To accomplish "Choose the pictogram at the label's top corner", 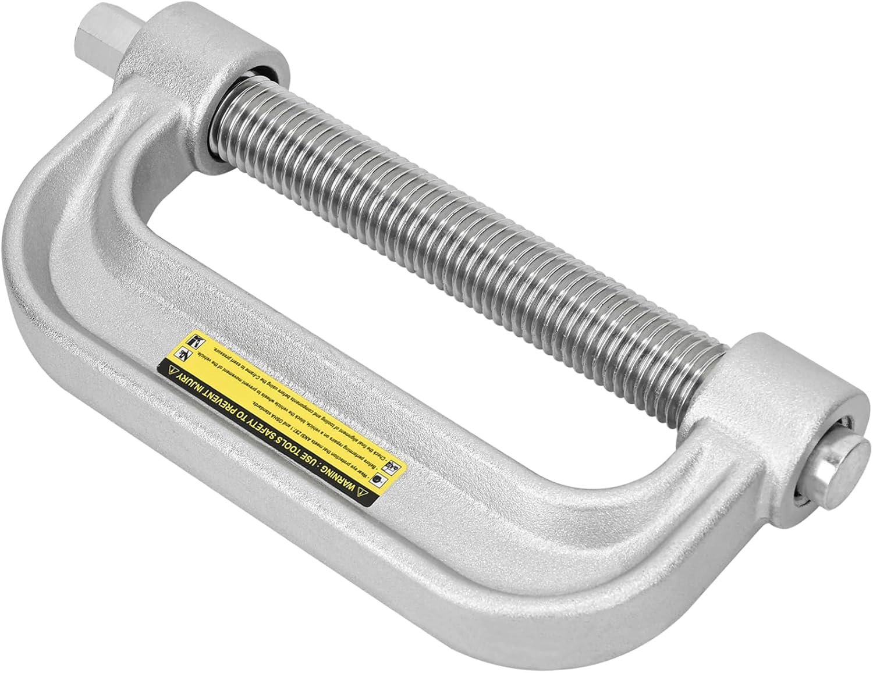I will [192, 340].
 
